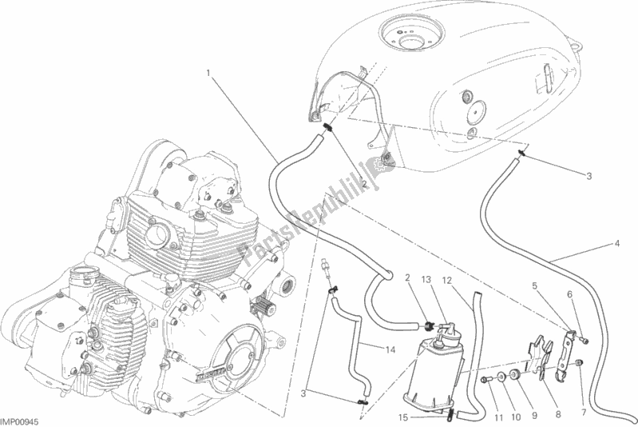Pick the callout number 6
point(570,294)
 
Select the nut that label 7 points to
point(579,365)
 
